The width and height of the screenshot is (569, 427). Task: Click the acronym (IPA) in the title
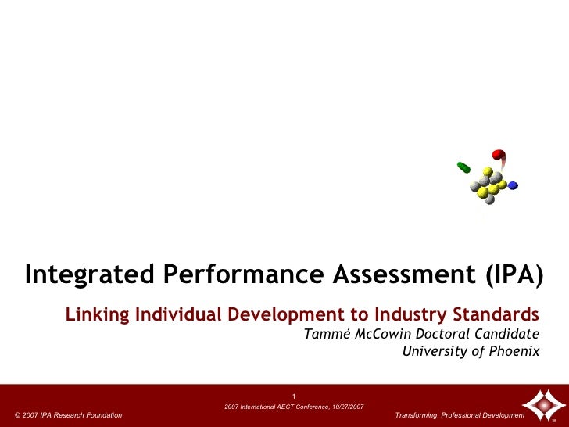pyautogui.click(x=508, y=274)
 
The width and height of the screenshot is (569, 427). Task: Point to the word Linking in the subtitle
pyautogui.click(x=98, y=315)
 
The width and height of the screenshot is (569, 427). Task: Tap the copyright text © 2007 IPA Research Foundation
pyautogui.click(x=69, y=414)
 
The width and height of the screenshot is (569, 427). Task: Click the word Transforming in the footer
pyautogui.click(x=417, y=414)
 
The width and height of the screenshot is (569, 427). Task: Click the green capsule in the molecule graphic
pyautogui.click(x=463, y=167)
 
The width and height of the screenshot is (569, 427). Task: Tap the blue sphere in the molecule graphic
pyautogui.click(x=513, y=186)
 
